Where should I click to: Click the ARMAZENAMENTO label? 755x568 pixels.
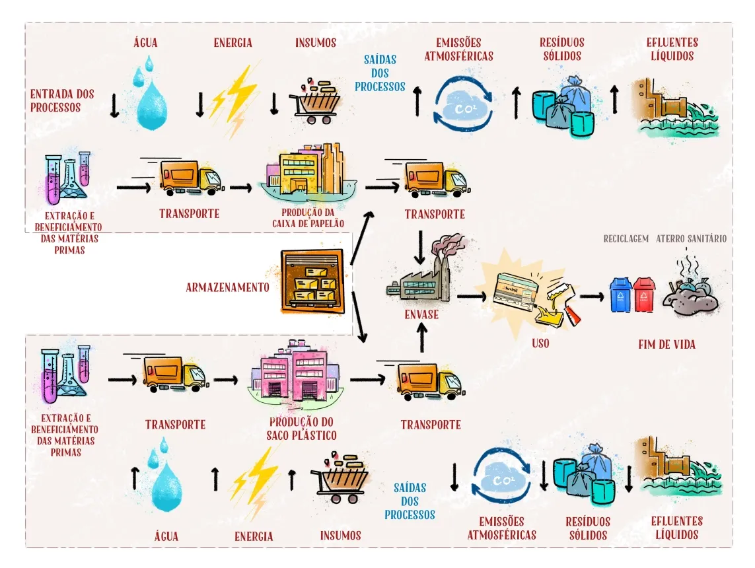pyautogui.click(x=227, y=288)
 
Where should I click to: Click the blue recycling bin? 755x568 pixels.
pyautogui.click(x=620, y=294)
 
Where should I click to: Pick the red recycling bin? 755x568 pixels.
pyautogui.click(x=644, y=294)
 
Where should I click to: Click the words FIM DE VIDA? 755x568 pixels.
pyautogui.click(x=666, y=344)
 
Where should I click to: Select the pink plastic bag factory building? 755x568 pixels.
pyautogui.click(x=291, y=373)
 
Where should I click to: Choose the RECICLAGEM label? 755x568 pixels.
pyautogui.click(x=626, y=238)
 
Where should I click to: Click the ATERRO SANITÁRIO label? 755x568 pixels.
pyautogui.click(x=692, y=238)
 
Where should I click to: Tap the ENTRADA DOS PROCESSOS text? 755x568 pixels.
pyautogui.click(x=62, y=100)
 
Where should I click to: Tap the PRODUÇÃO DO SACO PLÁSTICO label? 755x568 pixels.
pyautogui.click(x=301, y=429)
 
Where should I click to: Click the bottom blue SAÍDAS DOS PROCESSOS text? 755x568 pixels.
pyautogui.click(x=410, y=501)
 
